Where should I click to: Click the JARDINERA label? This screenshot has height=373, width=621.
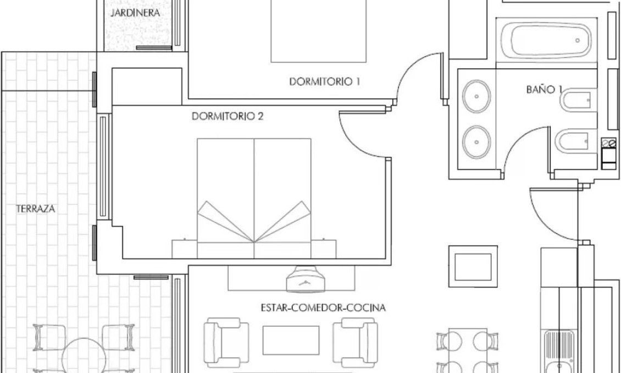point(135,13)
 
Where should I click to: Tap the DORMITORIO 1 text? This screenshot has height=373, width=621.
point(324,82)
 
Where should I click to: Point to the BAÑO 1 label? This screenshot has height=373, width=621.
point(545,89)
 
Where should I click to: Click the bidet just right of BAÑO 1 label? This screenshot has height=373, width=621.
point(576,101)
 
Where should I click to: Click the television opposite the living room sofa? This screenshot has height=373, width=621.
point(306,277)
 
